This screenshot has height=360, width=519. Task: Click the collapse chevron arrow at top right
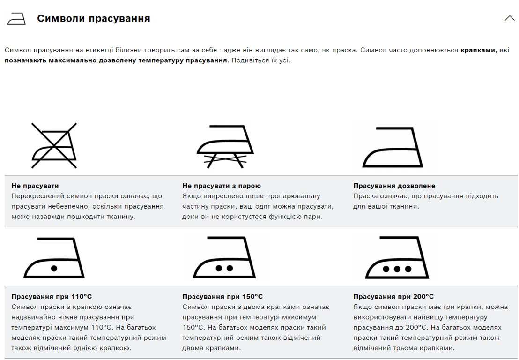coord(510,18)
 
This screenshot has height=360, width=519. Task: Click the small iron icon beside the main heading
coord(16,19)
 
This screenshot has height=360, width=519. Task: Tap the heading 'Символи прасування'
coord(94,19)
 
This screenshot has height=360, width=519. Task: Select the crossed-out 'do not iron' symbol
coord(54,145)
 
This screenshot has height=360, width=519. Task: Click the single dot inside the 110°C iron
coord(54,268)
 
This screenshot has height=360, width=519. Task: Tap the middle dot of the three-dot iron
coord(397,269)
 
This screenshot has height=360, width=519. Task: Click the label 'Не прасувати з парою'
coord(222,186)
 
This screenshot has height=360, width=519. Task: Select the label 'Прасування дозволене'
coord(394,186)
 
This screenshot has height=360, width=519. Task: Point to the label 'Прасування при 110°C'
coord(52,296)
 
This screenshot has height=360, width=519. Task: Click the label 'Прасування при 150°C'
coord(222,296)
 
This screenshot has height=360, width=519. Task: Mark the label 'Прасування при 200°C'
coord(393,296)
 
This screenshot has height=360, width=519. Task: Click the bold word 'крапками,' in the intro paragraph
coord(479,50)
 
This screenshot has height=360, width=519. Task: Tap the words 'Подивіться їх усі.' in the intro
coord(261,60)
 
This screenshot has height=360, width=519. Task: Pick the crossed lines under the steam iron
coord(225,161)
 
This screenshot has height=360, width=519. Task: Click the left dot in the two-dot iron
coord(219,269)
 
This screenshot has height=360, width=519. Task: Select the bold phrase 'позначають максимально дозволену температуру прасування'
coord(116,60)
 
